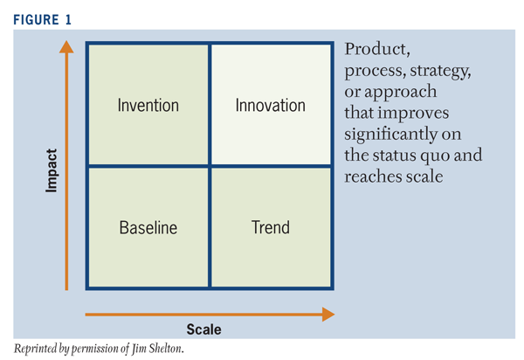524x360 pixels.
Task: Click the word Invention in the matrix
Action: pos(148,106)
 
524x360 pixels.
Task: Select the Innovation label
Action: pos(271,106)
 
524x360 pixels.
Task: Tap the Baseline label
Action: pos(148,228)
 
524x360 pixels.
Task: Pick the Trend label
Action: pos(271,228)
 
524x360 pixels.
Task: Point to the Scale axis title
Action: pos(203,329)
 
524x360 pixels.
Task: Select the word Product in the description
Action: pos(376,50)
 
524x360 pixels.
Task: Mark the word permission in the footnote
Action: pos(94,349)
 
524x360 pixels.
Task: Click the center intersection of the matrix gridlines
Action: pos(209,165)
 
